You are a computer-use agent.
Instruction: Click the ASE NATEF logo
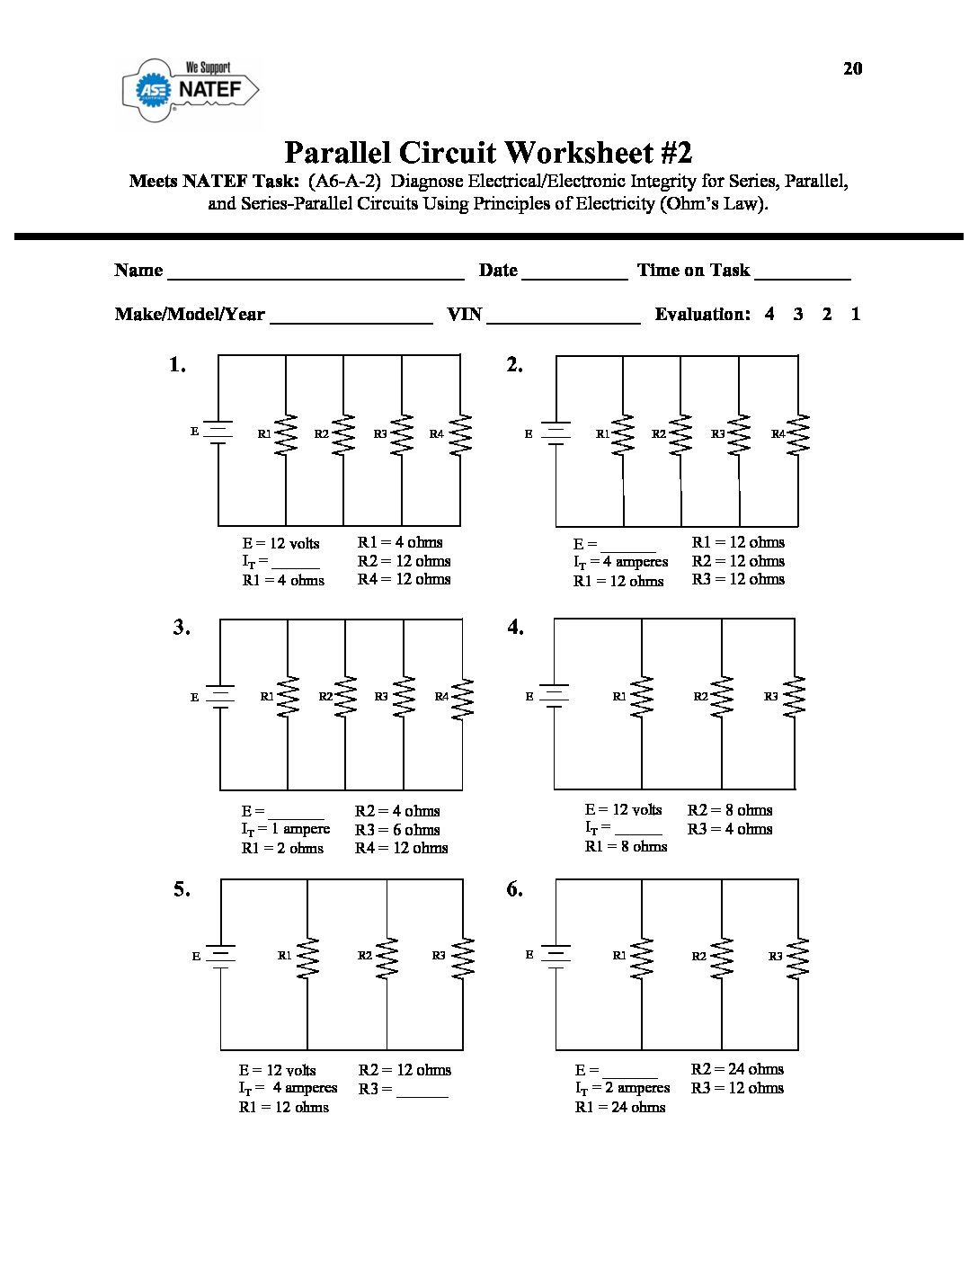coord(191,89)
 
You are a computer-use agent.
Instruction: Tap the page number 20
coord(853,68)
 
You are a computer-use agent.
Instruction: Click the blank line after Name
coord(316,273)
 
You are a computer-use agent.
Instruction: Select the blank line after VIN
coord(564,317)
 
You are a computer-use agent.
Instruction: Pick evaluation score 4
coord(769,314)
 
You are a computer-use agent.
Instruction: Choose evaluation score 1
coord(856,314)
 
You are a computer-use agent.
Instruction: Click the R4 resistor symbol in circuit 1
coord(460,434)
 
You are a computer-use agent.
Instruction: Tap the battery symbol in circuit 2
coord(556,433)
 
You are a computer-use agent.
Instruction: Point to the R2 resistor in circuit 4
coord(721,697)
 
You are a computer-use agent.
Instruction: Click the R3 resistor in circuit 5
coord(463,958)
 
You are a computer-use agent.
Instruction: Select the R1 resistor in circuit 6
coord(642,958)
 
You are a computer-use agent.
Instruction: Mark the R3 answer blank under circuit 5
coord(422,1092)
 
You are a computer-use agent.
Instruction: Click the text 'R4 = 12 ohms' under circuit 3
coord(401,848)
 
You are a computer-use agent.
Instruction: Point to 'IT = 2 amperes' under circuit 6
coord(623,1088)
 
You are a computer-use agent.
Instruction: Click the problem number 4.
coord(515,628)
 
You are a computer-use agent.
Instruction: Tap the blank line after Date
coord(574,273)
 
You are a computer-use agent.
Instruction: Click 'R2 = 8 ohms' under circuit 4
coord(729,810)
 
